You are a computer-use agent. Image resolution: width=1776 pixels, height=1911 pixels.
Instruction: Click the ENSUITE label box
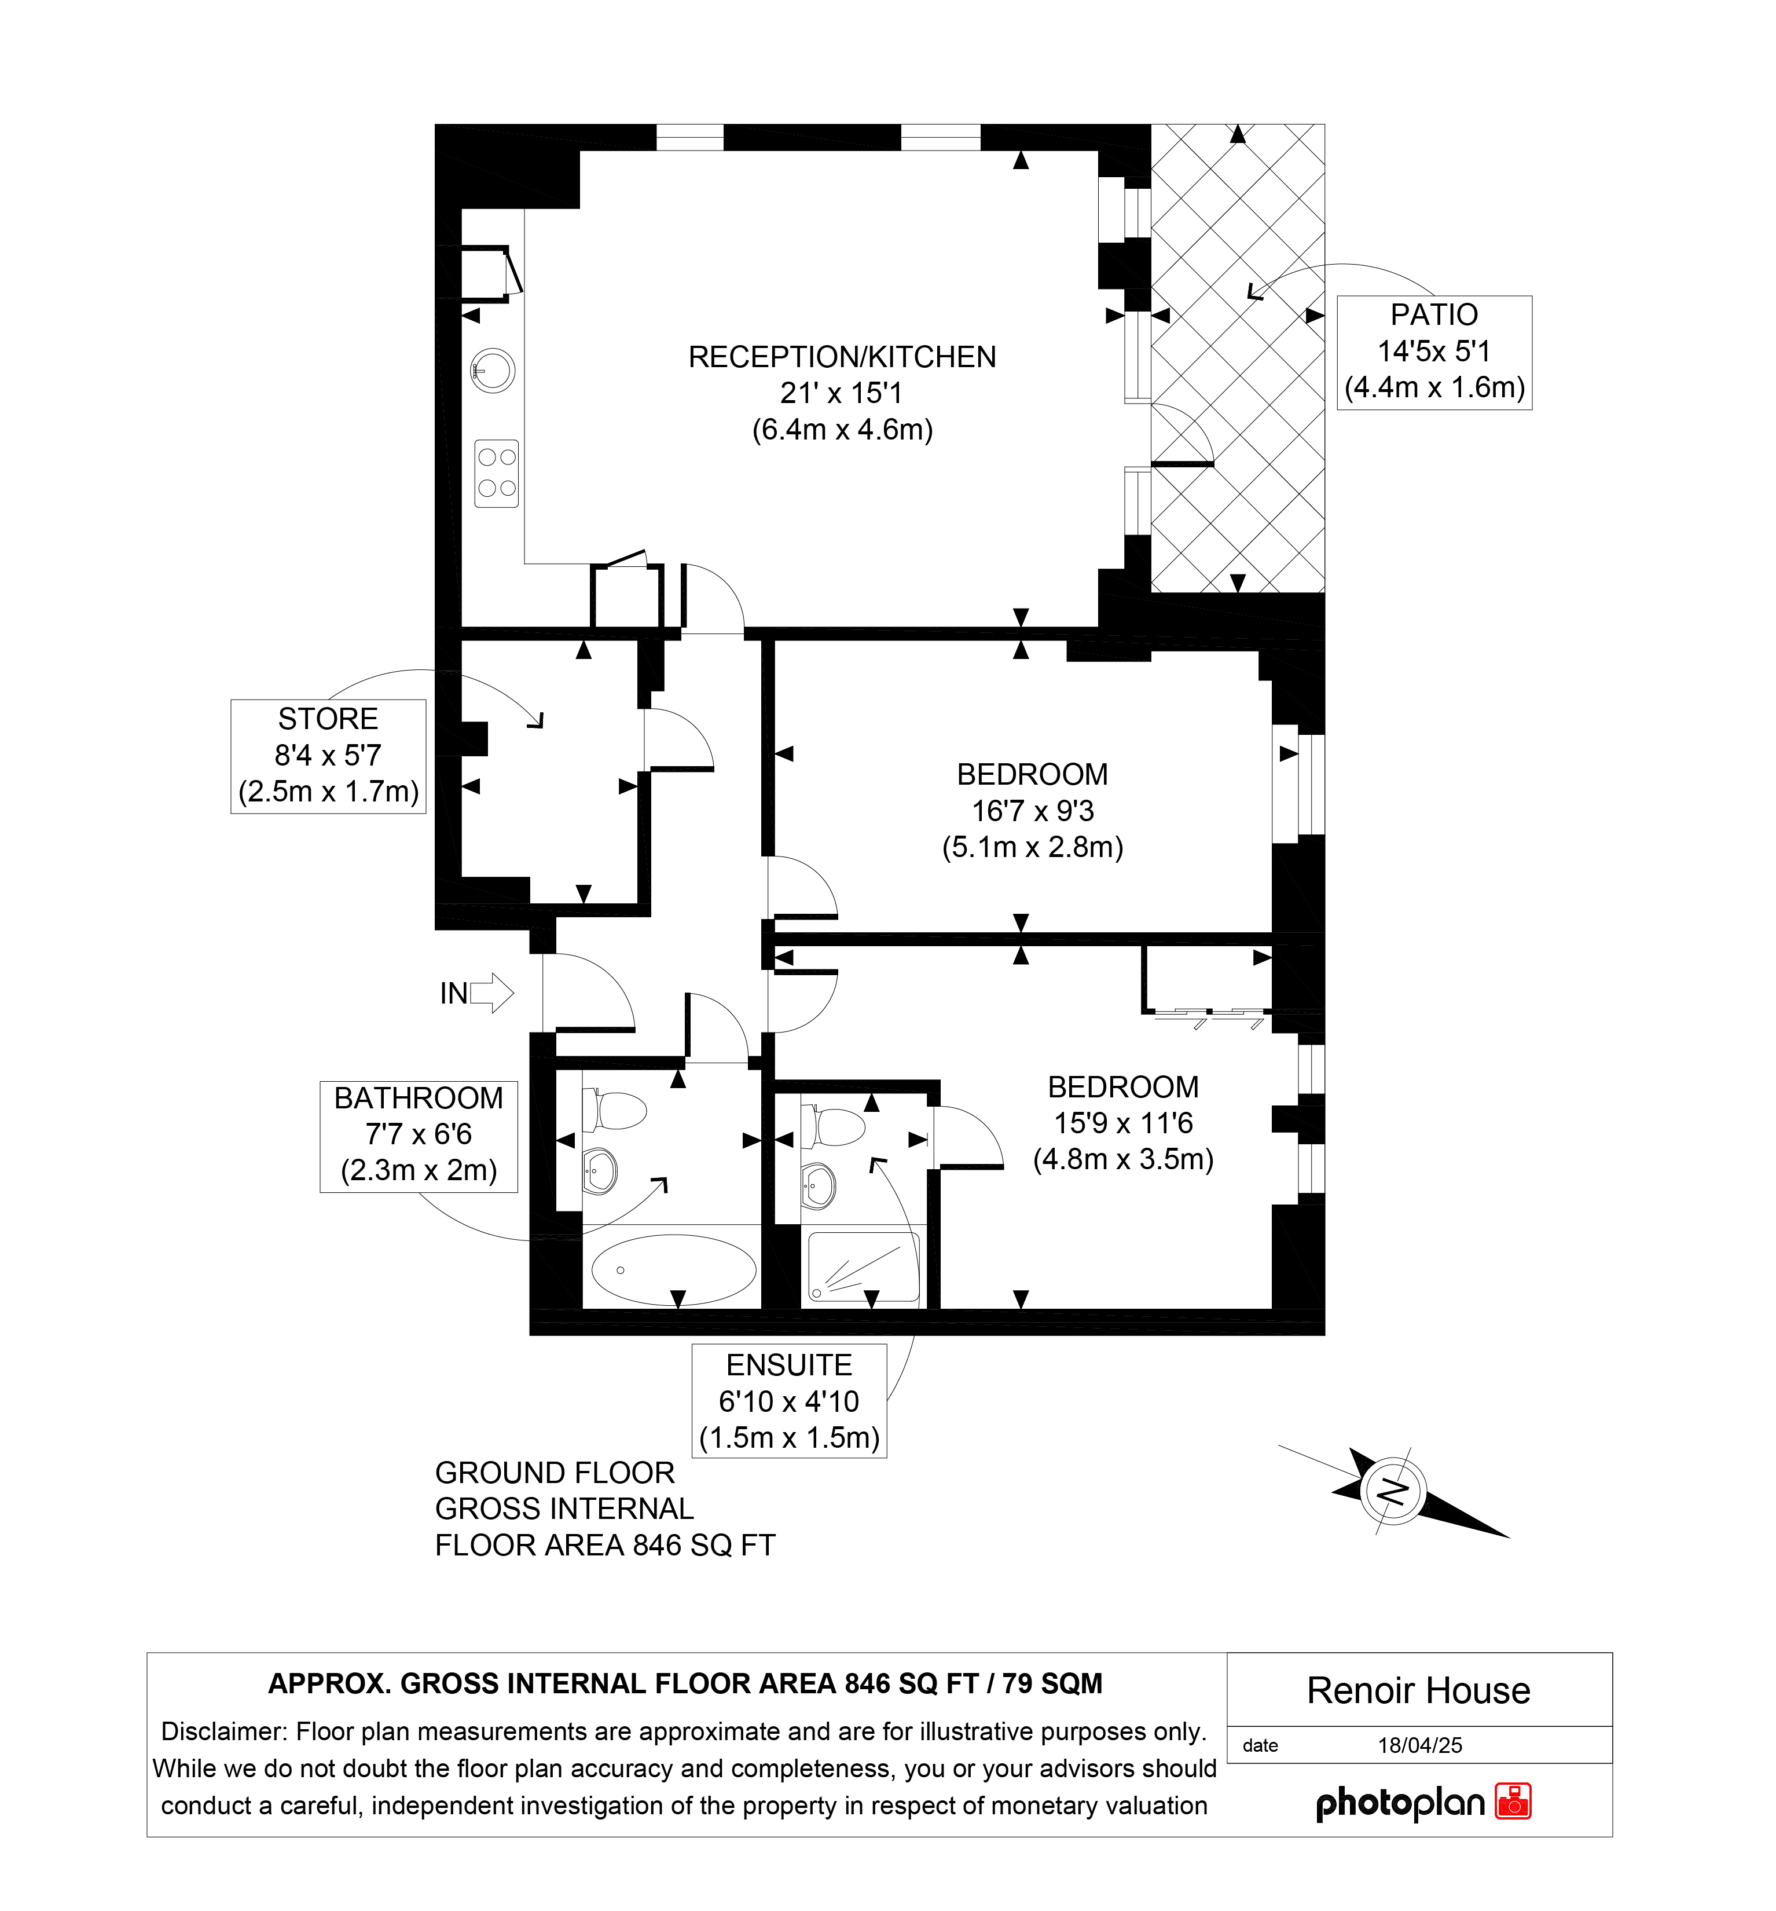(789, 1401)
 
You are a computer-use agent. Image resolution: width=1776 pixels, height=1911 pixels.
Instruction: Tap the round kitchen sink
(492, 370)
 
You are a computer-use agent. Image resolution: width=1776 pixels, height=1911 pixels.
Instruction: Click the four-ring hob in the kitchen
(497, 473)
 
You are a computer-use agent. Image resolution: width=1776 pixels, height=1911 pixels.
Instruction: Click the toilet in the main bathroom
(615, 1110)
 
